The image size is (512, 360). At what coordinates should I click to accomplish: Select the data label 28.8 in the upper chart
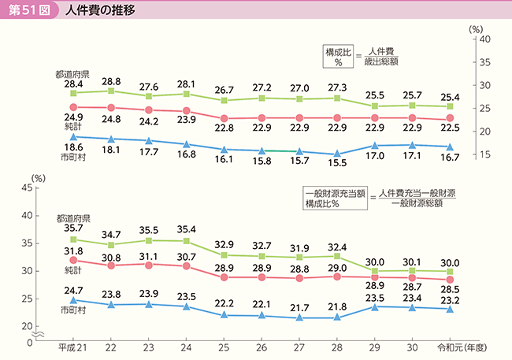pos(111,81)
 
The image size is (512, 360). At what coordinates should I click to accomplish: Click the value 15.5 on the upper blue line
pos(336,162)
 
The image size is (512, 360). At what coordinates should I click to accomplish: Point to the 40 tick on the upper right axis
pos(484,39)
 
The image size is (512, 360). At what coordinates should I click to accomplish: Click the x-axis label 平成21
pos(72,347)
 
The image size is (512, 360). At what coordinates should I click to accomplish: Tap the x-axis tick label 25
pos(223,347)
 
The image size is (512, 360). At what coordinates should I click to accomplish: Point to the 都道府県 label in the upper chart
pos(72,73)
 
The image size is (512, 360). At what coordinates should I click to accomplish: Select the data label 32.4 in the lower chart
pos(337,246)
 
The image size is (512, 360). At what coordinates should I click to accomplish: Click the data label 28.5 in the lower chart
pos(449,291)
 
